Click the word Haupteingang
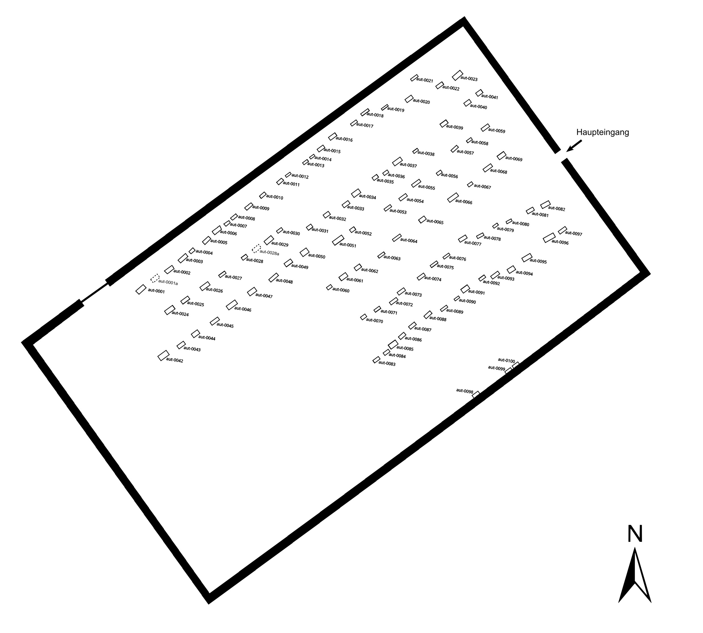(602, 133)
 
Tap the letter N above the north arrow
(635, 534)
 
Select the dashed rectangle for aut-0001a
(155, 278)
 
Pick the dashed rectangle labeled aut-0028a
(256, 248)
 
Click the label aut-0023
(469, 79)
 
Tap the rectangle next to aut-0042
(163, 355)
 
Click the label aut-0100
(506, 361)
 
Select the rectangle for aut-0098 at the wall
(476, 394)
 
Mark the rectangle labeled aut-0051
(338, 240)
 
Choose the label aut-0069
(514, 159)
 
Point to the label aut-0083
(387, 364)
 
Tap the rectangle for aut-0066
(453, 197)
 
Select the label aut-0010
(275, 197)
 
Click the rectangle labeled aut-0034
(356, 193)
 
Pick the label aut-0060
(341, 290)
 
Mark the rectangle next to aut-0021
(414, 78)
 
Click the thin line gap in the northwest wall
(94, 293)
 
